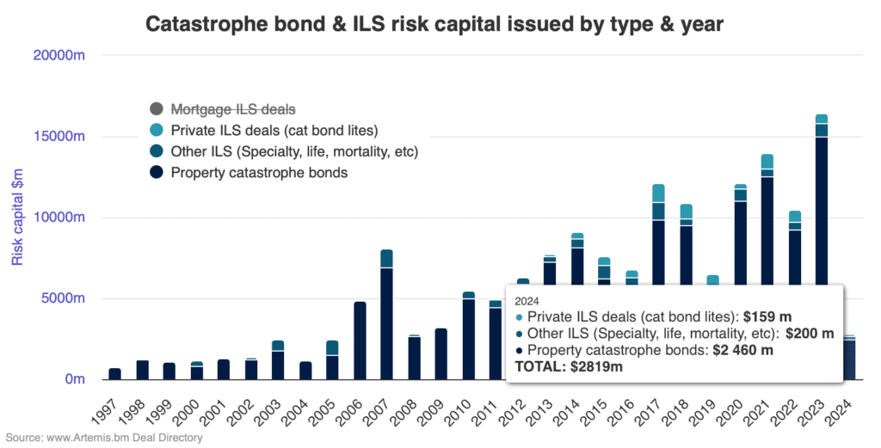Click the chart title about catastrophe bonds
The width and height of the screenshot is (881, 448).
tap(434, 23)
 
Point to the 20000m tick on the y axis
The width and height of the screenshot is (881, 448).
tap(59, 56)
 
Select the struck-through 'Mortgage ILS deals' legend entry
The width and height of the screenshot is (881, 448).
tap(233, 109)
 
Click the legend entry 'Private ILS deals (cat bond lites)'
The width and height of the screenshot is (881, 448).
tap(274, 131)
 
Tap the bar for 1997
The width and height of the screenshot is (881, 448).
tap(115, 374)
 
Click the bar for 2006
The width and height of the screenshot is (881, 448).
tap(360, 341)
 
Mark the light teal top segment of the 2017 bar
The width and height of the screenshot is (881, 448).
tap(658, 193)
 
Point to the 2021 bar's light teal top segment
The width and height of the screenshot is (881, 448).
tap(767, 162)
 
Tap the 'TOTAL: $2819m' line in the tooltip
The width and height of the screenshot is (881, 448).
tap(568, 366)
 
